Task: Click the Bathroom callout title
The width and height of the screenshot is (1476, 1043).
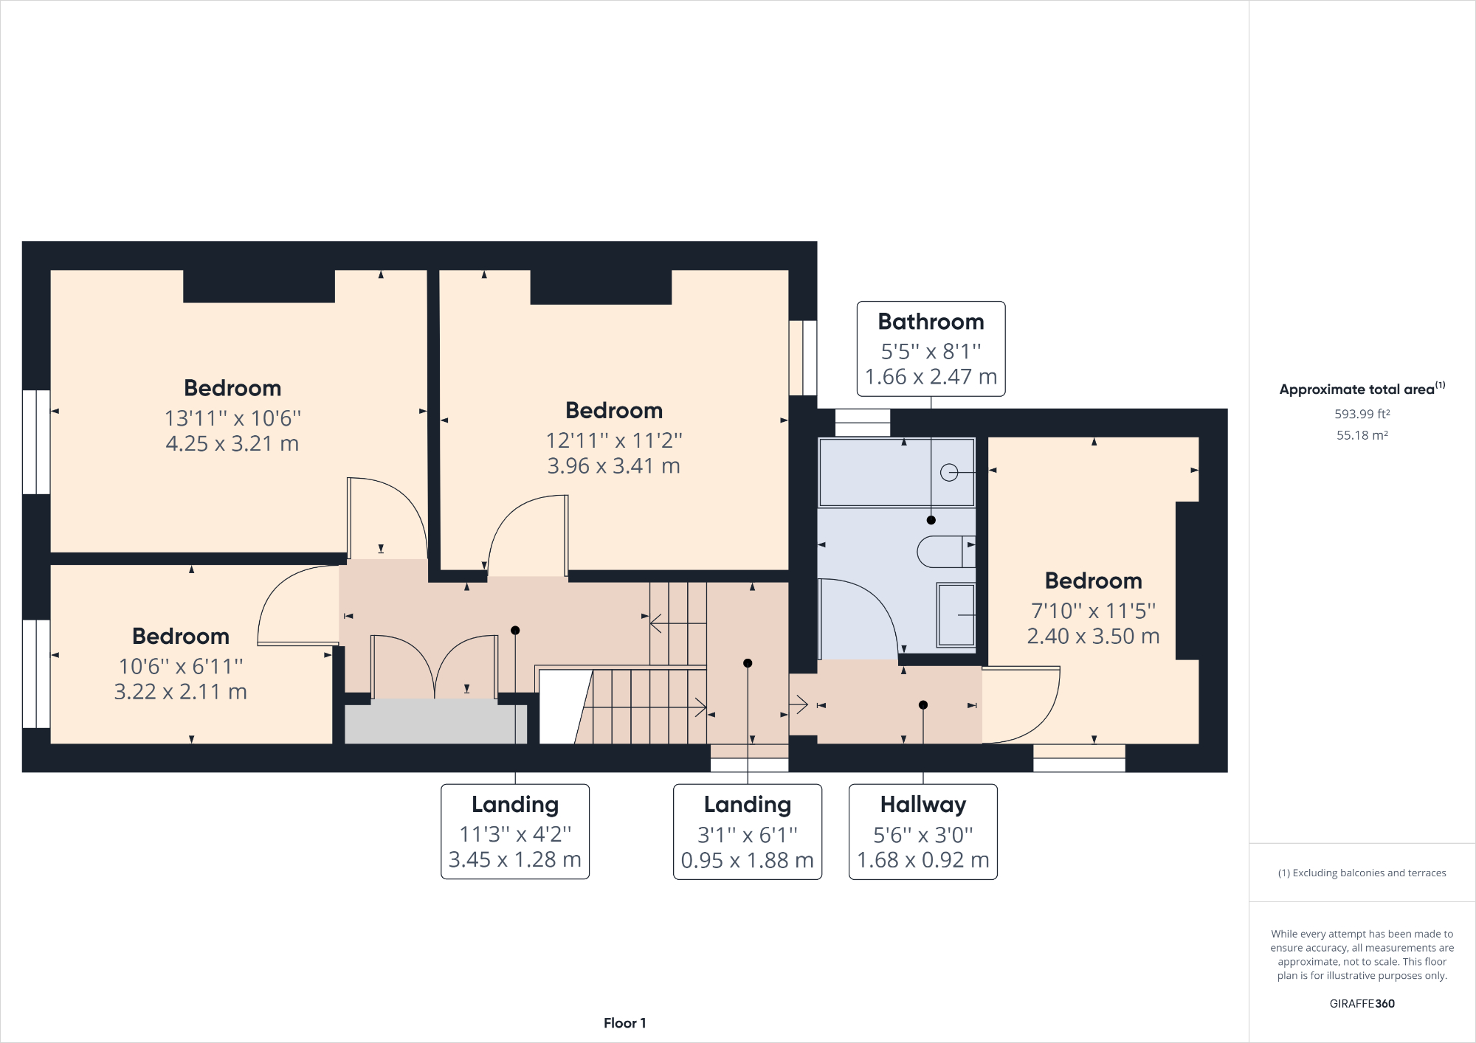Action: pos(931,322)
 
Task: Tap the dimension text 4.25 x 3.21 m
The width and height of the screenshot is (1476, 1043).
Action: pos(232,443)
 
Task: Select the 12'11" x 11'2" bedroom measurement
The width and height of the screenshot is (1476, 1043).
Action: pos(613,440)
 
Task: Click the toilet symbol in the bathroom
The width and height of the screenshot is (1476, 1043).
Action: pos(945,551)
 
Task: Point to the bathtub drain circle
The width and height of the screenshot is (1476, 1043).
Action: pos(949,472)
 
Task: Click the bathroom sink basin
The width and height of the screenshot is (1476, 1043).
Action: pos(956,614)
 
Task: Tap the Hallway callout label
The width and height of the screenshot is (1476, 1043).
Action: pos(922,804)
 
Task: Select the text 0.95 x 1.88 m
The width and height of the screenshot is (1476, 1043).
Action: pos(747,860)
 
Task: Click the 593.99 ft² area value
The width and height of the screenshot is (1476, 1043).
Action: pos(1362,414)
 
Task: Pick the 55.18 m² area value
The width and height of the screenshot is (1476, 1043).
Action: pos(1362,435)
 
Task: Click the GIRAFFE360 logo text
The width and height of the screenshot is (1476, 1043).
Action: pos(1362,1003)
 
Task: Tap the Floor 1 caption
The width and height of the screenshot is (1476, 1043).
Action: pos(624,1023)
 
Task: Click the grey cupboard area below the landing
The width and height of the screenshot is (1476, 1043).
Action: pos(435,724)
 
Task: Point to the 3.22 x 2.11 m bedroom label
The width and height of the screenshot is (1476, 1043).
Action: pos(180,692)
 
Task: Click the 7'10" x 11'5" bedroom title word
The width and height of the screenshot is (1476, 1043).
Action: pos(1093,581)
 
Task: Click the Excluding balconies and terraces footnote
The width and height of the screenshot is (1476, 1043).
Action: pos(1362,873)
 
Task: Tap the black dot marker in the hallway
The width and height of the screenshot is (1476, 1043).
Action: pos(922,705)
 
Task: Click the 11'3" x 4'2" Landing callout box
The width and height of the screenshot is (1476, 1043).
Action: pos(515,831)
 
